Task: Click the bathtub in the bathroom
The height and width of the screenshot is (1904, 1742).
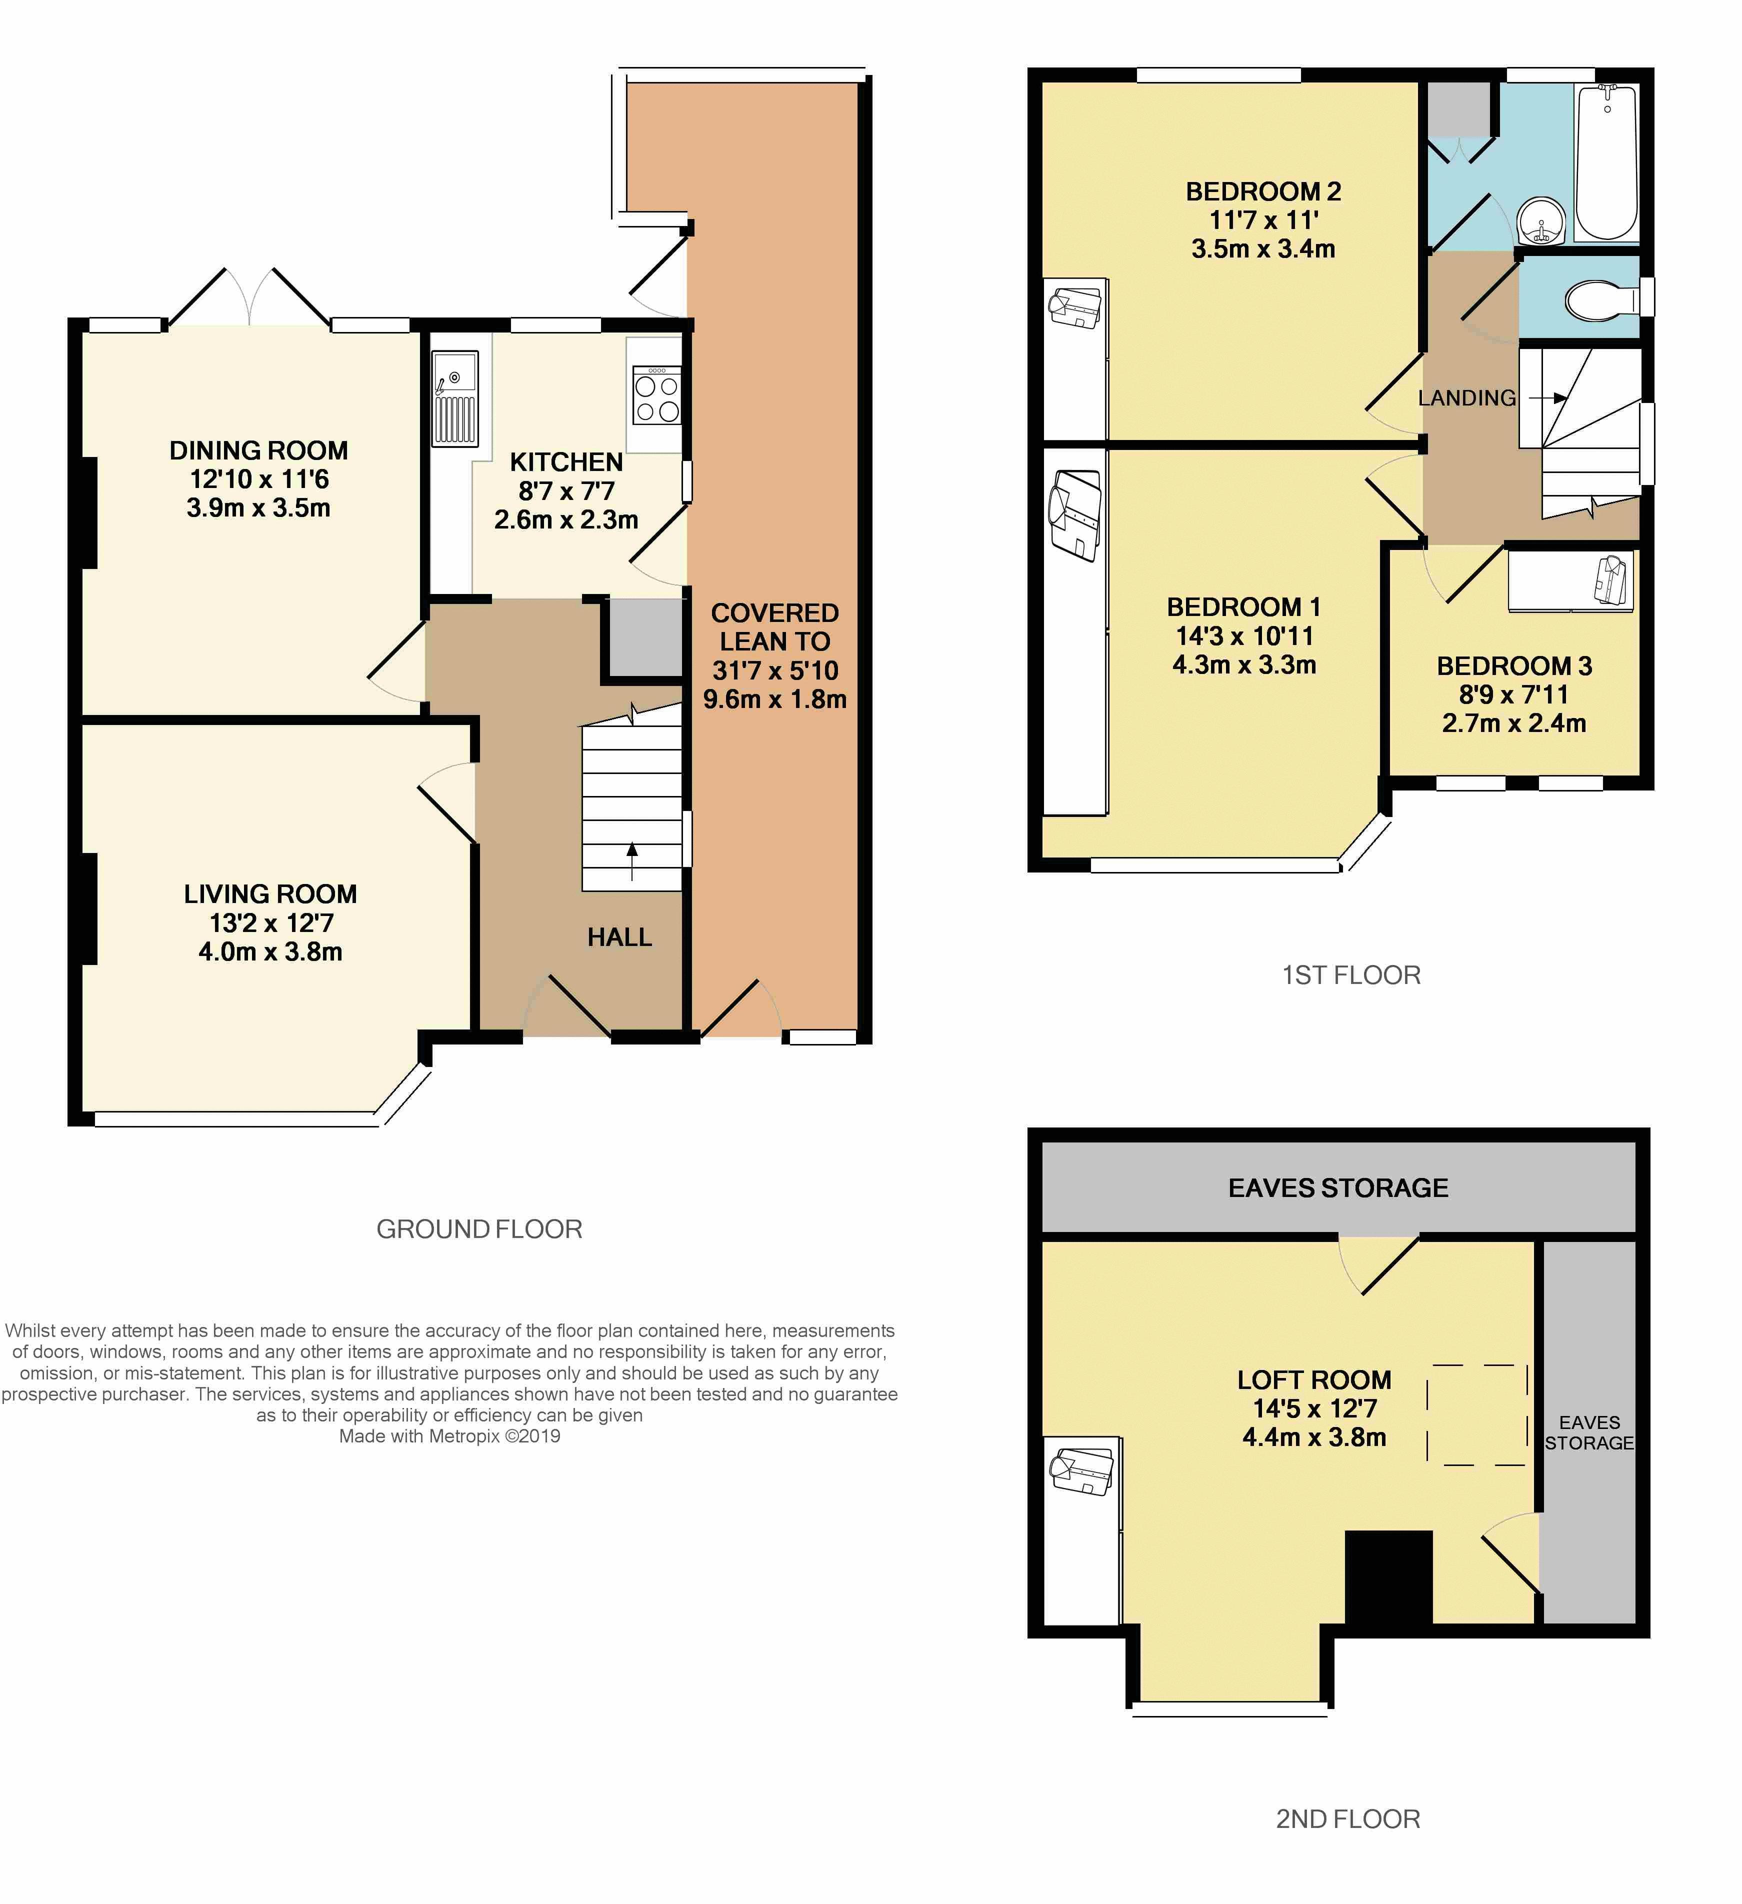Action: click(1606, 162)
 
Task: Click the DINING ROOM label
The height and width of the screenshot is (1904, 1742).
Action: click(258, 450)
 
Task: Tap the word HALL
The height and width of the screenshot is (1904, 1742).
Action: click(619, 937)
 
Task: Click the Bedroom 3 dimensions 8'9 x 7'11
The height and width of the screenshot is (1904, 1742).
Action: click(1513, 694)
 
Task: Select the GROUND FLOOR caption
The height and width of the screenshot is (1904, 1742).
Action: click(479, 1228)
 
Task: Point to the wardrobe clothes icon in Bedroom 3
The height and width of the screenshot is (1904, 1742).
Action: click(1611, 578)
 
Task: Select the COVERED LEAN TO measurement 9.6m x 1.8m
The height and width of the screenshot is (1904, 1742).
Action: click(773, 699)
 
